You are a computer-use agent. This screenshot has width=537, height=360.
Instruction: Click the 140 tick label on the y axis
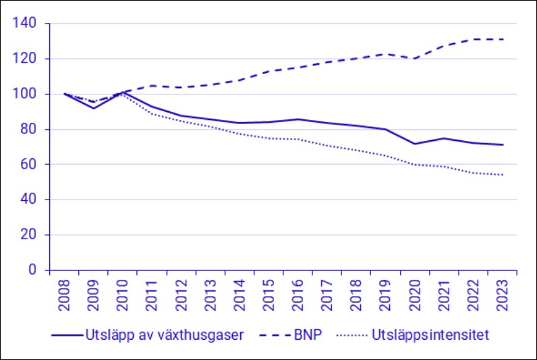coord(33,24)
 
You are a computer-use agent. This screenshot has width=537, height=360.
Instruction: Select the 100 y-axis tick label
coord(33,94)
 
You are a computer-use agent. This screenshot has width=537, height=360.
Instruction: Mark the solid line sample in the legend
coord(66,335)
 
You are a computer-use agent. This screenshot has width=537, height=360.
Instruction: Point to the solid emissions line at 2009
coord(94,108)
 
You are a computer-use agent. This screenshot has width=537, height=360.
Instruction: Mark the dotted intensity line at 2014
coord(240,133)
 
